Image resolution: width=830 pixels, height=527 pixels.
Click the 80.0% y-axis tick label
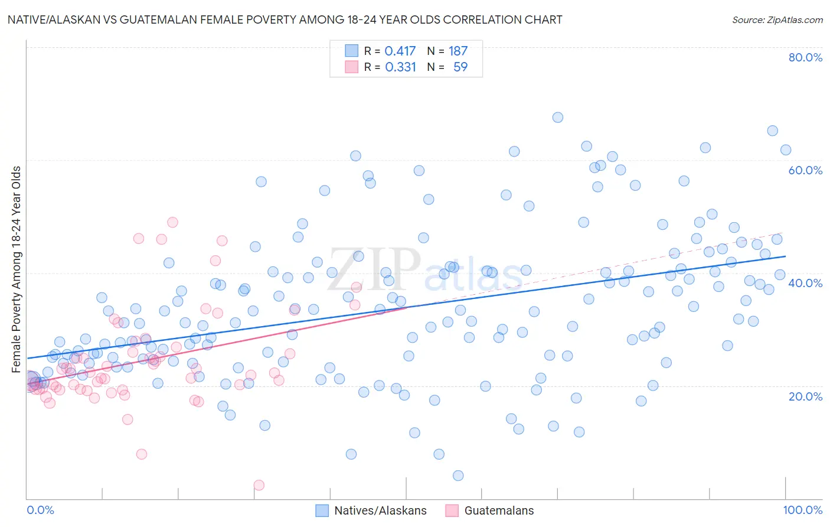point(805,57)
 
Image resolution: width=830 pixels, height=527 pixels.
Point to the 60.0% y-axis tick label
point(805,170)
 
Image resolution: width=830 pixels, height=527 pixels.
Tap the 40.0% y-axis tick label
point(805,283)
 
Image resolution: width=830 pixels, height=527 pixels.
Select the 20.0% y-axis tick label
point(805,396)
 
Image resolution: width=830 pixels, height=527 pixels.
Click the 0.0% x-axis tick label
point(40,510)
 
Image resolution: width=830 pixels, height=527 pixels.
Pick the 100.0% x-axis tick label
point(802,510)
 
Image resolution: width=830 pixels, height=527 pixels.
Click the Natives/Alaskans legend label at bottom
point(380,510)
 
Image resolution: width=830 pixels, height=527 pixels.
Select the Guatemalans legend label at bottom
point(499,510)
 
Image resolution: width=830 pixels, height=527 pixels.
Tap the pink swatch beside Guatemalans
point(452,510)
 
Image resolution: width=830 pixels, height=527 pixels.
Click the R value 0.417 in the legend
point(400,51)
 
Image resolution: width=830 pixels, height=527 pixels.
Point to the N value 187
point(458,51)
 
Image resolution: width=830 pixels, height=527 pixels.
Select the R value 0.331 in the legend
point(401,67)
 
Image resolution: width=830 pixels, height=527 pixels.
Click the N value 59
point(460,67)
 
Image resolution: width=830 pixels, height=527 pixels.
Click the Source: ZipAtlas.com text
point(777,20)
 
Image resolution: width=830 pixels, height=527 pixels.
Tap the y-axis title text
point(17,269)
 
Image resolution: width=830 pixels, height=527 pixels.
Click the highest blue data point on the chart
point(557,118)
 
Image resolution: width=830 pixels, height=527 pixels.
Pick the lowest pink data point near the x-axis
point(259,485)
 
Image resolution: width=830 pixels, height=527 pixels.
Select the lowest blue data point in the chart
point(458,476)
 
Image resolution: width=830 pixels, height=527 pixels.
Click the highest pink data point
point(172,222)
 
